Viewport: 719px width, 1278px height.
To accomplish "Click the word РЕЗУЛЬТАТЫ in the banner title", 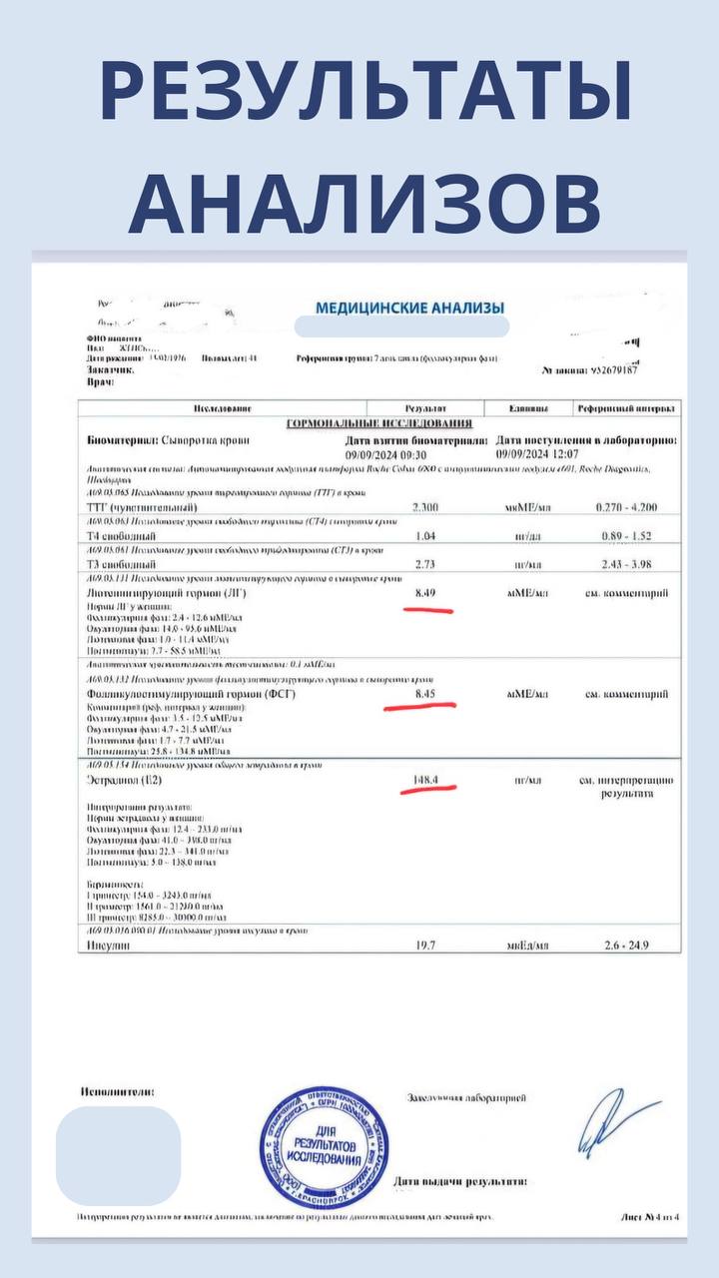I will tap(365, 92).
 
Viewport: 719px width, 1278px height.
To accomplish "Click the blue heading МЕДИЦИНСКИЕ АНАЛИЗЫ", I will tap(409, 308).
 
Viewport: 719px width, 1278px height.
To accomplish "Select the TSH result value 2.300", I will tap(424, 507).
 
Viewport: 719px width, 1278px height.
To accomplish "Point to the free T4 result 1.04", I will tap(424, 535).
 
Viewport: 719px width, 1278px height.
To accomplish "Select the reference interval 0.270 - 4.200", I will tap(625, 507).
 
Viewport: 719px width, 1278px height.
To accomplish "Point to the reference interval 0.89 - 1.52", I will tap(625, 535).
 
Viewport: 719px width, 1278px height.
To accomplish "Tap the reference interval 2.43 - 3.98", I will tap(625, 564).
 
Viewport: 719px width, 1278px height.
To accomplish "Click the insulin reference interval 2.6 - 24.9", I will tap(625, 945).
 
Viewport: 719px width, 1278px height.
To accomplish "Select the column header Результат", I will tap(424, 409).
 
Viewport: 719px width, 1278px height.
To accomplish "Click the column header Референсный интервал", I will tap(626, 409).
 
